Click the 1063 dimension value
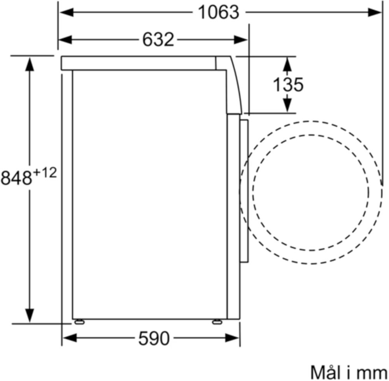(219, 12)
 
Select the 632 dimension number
(158, 39)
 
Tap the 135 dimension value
(288, 85)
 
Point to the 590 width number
(154, 338)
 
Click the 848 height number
(16, 178)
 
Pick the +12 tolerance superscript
(45, 173)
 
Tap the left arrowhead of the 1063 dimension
(67, 12)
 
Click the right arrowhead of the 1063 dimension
(374, 12)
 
